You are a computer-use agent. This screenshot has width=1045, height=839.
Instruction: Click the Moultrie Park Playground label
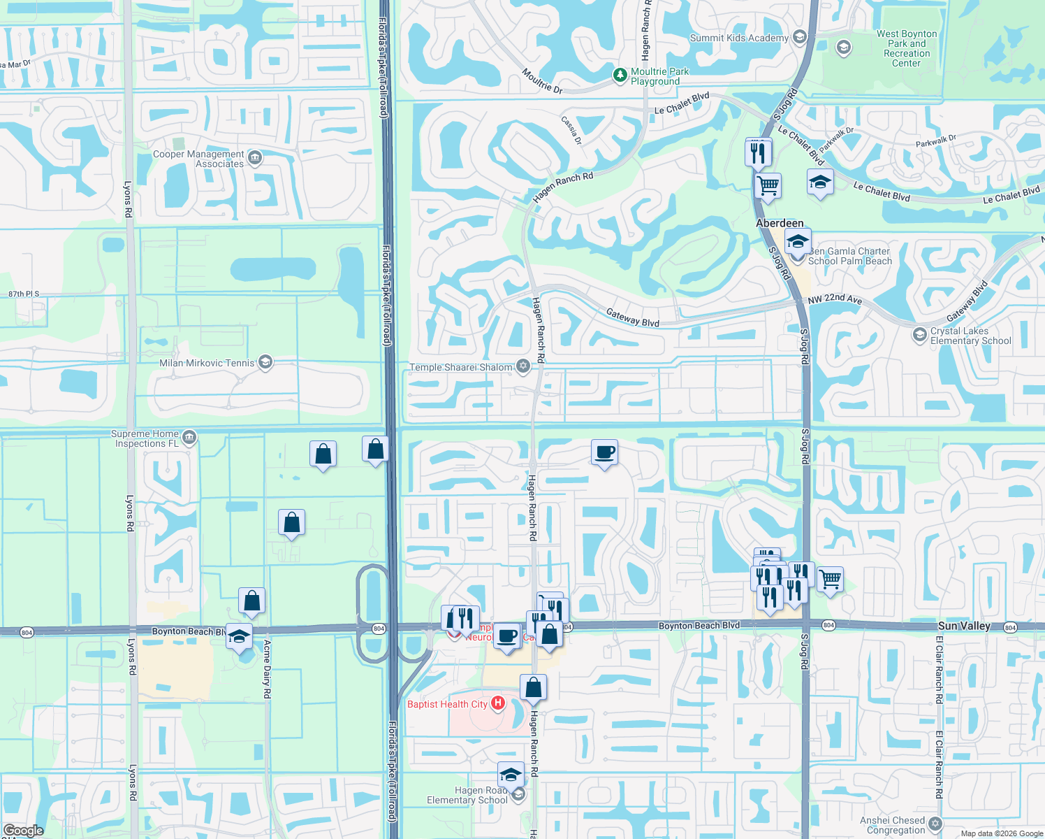click(x=659, y=76)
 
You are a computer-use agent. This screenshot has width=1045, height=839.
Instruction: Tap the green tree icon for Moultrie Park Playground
click(x=620, y=74)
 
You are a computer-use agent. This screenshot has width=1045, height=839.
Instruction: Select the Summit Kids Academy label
click(x=739, y=38)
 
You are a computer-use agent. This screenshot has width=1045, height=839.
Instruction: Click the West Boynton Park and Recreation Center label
click(x=907, y=48)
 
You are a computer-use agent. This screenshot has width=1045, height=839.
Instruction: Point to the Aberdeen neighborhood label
click(x=780, y=223)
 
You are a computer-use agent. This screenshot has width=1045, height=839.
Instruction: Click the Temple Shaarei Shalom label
click(x=461, y=367)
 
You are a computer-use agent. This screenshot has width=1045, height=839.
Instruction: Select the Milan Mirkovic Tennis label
click(x=207, y=363)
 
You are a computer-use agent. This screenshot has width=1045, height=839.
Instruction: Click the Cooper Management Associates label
click(x=198, y=159)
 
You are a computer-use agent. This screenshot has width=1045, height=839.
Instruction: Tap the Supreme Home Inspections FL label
click(x=145, y=438)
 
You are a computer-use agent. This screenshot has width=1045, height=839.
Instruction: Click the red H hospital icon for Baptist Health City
click(x=498, y=703)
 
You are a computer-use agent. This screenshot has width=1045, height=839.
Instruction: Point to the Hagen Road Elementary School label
click(x=467, y=795)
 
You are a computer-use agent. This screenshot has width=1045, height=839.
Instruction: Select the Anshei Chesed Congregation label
click(x=892, y=825)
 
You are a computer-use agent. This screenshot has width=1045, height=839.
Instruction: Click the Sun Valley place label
click(x=964, y=626)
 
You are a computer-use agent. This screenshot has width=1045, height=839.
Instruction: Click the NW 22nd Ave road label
click(x=835, y=299)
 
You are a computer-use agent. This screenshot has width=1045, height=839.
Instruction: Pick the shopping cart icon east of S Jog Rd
click(x=830, y=580)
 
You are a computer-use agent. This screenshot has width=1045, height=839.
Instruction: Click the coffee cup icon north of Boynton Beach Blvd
click(x=604, y=452)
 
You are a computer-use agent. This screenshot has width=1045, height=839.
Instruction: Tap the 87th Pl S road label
click(x=24, y=294)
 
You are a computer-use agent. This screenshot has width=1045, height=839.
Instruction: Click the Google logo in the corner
click(x=23, y=831)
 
